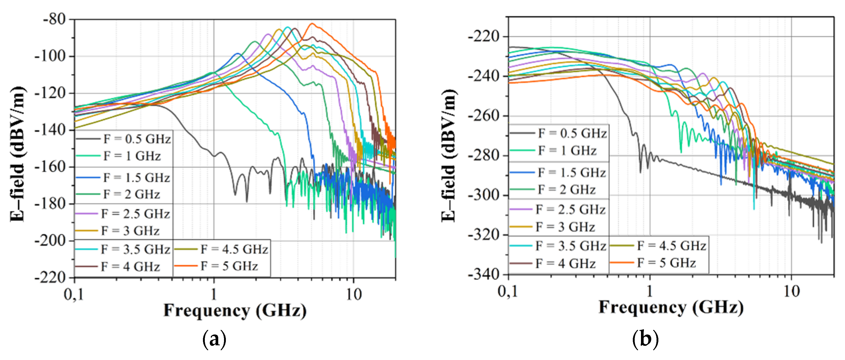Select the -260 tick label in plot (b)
click(x=484, y=116)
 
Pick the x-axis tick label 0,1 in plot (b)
click(x=508, y=291)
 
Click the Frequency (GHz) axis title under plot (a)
click(x=235, y=310)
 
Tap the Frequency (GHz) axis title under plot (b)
click(x=671, y=307)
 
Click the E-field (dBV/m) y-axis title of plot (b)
click(x=449, y=156)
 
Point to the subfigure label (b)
click(x=645, y=339)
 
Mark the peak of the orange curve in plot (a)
click(x=312, y=24)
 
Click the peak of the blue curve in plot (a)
click(x=238, y=53)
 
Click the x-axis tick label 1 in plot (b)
click(x=649, y=291)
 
